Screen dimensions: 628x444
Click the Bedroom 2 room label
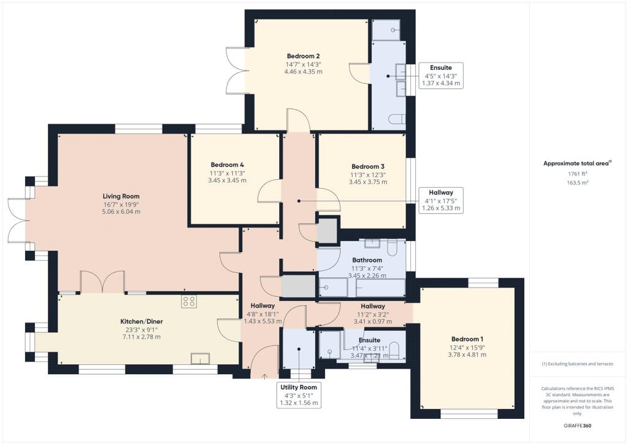point(303,56)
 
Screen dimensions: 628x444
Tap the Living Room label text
point(121,196)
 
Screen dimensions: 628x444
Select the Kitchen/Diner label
point(142,321)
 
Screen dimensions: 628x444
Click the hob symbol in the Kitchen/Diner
point(189,302)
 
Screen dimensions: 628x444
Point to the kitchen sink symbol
point(201,359)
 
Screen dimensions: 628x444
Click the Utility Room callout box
point(299,395)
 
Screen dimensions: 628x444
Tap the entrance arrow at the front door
point(264,376)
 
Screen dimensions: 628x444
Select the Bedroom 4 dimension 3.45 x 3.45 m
point(227,180)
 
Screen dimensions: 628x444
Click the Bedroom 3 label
point(368,167)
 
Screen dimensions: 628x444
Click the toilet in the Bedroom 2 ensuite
point(397,120)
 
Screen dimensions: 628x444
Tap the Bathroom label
point(367,260)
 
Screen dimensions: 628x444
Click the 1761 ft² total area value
point(578,174)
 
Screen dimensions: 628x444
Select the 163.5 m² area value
point(578,183)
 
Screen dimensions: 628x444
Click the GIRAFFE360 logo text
point(577,426)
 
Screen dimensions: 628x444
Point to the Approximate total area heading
point(577,163)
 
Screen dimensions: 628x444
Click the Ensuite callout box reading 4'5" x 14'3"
point(441,75)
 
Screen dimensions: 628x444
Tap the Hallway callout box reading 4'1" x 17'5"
point(441,200)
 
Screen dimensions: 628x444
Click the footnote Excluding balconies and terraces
point(577,364)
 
